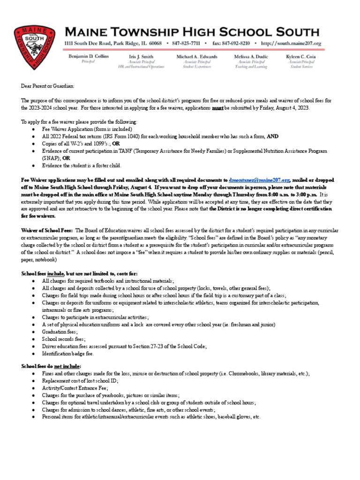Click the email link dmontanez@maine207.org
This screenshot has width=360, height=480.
coord(259,180)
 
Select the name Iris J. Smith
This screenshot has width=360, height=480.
coord(142,56)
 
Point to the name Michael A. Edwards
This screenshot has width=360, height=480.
coord(197,56)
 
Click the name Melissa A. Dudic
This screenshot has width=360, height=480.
coord(252,56)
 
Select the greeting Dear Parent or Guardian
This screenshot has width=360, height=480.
coord(47,86)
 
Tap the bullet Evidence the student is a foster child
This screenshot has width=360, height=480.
coord(82,165)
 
